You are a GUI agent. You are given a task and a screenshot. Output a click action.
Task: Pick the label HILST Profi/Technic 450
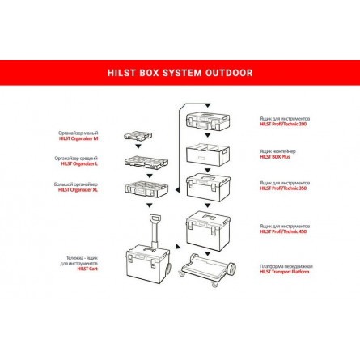click(285, 231)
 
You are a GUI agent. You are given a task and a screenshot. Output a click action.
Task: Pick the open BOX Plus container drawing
click(210, 154)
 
